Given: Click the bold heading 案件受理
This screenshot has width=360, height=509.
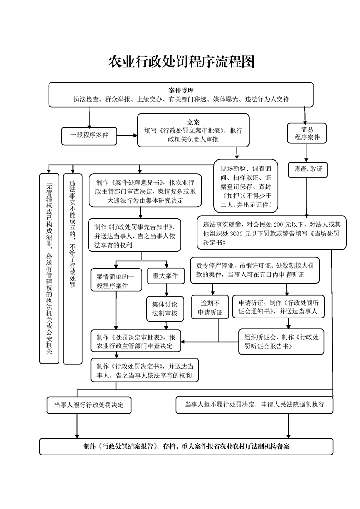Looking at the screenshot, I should click(181, 90).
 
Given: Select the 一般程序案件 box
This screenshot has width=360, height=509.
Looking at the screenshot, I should click(89, 135).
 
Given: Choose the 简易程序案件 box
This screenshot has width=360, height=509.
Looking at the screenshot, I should click(307, 133).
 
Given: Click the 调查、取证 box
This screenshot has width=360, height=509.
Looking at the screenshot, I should click(307, 169).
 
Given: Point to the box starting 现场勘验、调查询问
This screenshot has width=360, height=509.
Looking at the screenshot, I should click(245, 185).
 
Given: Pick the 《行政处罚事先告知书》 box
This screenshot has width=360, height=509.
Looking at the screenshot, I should click(136, 235).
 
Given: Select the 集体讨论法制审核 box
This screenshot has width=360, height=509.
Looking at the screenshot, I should click(165, 309).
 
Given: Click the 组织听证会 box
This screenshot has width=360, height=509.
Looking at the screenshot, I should click(281, 341).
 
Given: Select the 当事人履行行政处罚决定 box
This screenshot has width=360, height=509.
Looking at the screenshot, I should click(89, 405).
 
